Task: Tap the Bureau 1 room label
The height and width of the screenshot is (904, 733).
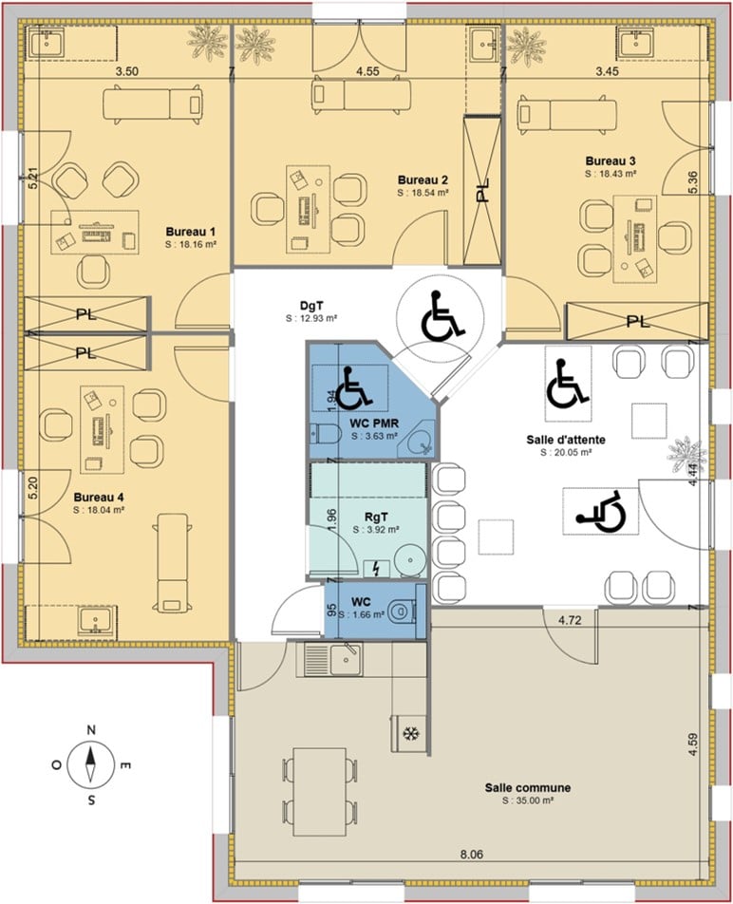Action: [191, 232]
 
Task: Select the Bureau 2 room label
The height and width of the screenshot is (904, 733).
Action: [423, 180]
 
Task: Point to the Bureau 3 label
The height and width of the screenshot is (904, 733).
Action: [611, 160]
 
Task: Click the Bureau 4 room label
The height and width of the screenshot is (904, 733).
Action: [99, 497]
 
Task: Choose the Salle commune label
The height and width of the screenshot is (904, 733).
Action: [527, 787]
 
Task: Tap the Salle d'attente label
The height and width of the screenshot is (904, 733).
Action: [565, 440]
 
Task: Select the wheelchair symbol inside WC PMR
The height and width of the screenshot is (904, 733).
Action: [352, 386]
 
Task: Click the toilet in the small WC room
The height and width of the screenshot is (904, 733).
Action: [403, 612]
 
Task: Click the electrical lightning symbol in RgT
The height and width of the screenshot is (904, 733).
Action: [376, 569]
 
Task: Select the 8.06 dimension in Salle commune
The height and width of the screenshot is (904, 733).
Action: [471, 855]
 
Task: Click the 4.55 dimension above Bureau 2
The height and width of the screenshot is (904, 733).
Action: [367, 71]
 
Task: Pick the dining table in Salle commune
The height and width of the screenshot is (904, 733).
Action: [320, 792]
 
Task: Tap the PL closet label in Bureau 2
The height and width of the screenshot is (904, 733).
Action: [482, 190]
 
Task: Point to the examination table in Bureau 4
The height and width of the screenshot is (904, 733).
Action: [172, 563]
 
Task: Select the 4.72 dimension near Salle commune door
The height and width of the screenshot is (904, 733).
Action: [569, 620]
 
